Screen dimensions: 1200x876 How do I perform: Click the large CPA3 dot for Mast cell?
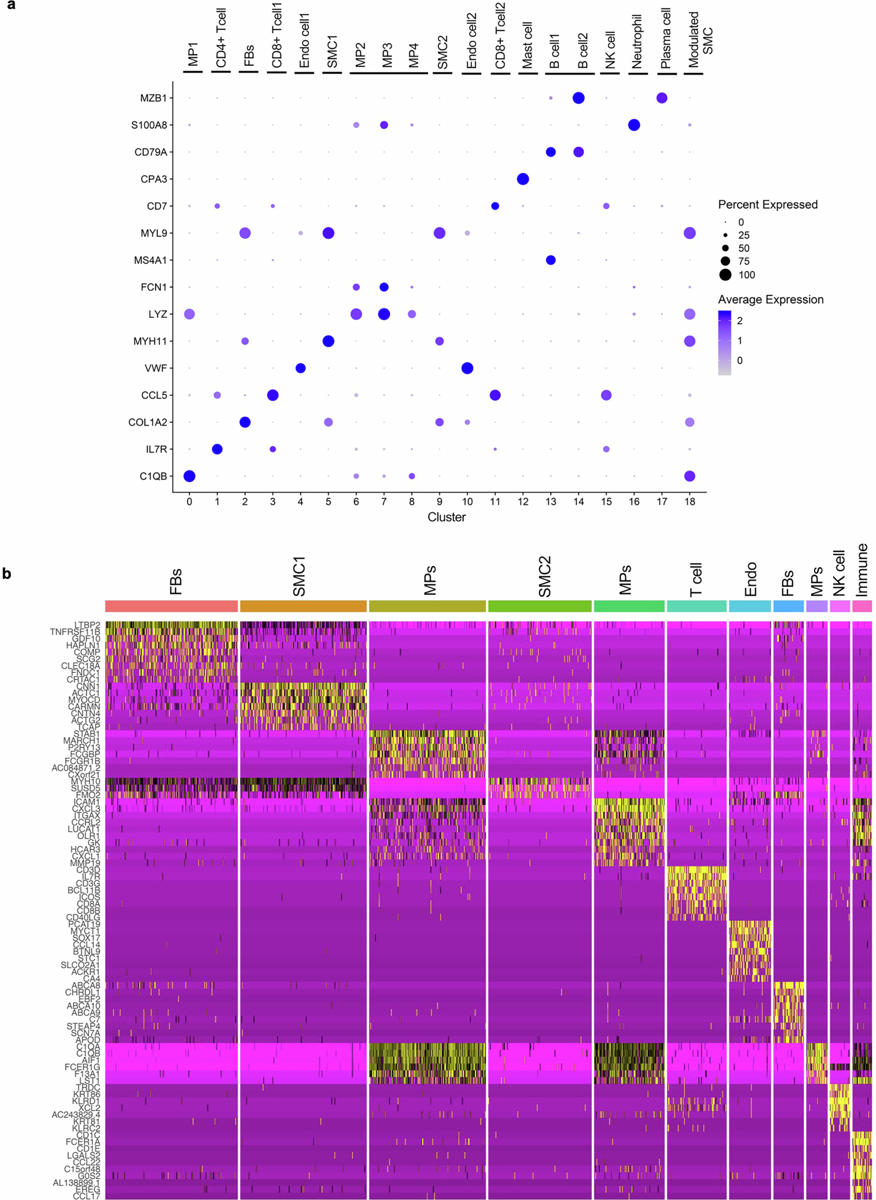pos(523,179)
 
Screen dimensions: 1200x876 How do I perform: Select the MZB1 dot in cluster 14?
pos(579,98)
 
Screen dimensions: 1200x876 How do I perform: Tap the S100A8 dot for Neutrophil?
pos(634,125)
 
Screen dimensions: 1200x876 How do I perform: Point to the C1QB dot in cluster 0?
pos(189,476)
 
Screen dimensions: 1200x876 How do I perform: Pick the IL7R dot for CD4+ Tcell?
pos(217,449)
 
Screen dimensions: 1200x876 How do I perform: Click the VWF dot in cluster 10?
pos(467,368)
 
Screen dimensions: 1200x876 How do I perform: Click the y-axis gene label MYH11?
pos(150,341)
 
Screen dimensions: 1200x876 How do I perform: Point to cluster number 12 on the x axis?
pos(523,502)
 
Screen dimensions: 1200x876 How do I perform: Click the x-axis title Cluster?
pos(446,517)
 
